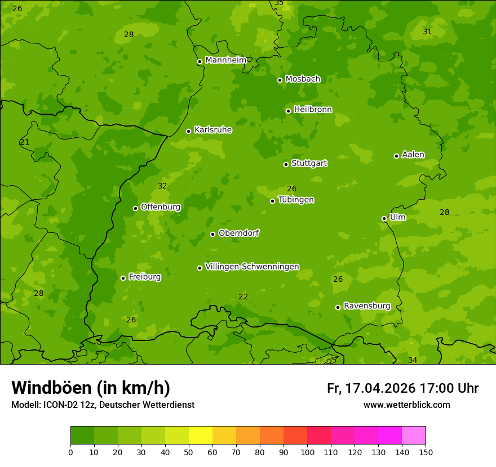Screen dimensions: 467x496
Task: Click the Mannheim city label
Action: pyautogui.click(x=225, y=60)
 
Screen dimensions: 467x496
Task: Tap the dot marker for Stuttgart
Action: pyautogui.click(x=286, y=164)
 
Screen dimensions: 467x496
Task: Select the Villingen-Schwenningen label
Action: pyautogui.click(x=252, y=267)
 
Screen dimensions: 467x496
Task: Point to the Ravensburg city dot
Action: pyautogui.click(x=338, y=307)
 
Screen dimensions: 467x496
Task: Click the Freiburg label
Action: pyautogui.click(x=144, y=277)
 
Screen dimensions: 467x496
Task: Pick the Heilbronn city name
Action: pyautogui.click(x=313, y=110)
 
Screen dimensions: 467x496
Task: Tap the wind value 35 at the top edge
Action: pyautogui.click(x=279, y=3)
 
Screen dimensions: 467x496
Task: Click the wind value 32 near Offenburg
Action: pyautogui.click(x=162, y=186)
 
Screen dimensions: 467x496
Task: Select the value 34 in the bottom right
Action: pyautogui.click(x=413, y=360)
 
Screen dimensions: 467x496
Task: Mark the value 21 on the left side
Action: pyautogui.click(x=24, y=142)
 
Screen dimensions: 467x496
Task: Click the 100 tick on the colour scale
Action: pyautogui.click(x=307, y=452)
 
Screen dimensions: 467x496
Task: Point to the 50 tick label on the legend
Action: pyautogui.click(x=189, y=452)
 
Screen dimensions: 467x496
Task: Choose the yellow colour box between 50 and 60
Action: pyautogui.click(x=201, y=435)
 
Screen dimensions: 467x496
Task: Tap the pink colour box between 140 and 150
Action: pyautogui.click(x=414, y=435)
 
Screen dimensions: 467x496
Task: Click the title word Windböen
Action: pyautogui.click(x=51, y=388)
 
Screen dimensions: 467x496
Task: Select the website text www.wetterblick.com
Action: pyautogui.click(x=406, y=405)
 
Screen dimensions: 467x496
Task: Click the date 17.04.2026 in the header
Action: pyautogui.click(x=380, y=388)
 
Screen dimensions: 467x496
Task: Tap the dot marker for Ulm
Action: pyautogui.click(x=384, y=218)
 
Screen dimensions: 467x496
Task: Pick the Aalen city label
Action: pyautogui.click(x=413, y=155)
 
